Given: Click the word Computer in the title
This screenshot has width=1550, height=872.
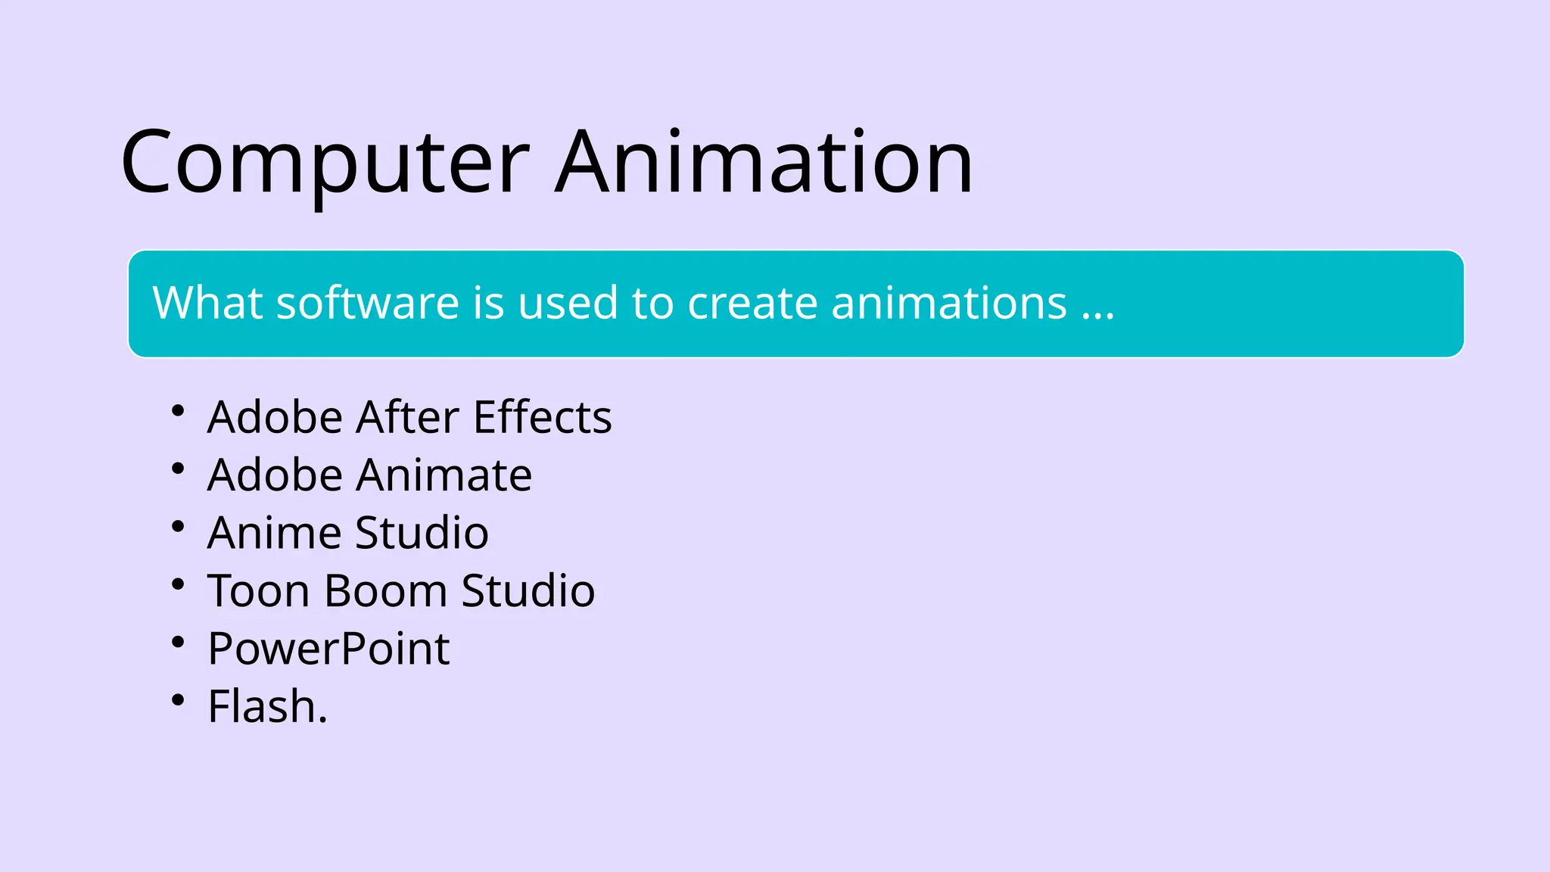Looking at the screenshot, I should click(x=325, y=163).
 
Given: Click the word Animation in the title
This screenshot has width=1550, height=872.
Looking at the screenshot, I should click(x=764, y=163).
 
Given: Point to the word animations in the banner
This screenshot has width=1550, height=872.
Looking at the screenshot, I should click(x=949, y=303).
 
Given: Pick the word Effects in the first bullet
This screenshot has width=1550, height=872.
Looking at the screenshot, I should click(x=542, y=417).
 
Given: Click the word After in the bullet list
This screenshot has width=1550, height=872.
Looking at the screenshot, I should click(x=408, y=417).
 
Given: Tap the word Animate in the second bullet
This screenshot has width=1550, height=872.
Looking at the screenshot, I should click(x=444, y=475).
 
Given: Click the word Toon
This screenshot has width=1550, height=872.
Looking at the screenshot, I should click(x=257, y=590).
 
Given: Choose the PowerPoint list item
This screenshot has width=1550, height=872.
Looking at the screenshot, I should click(x=328, y=649).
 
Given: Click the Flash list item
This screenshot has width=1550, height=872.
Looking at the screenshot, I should click(x=267, y=707).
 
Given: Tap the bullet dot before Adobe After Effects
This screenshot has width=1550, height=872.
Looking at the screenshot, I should click(x=178, y=411).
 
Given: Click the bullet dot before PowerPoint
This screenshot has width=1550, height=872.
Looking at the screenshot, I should click(x=178, y=643).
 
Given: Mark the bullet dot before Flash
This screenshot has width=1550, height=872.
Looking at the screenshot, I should click(x=178, y=700).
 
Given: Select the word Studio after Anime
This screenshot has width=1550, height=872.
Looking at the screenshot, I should click(x=422, y=533).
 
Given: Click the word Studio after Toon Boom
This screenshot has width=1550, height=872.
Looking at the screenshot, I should click(x=528, y=590).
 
